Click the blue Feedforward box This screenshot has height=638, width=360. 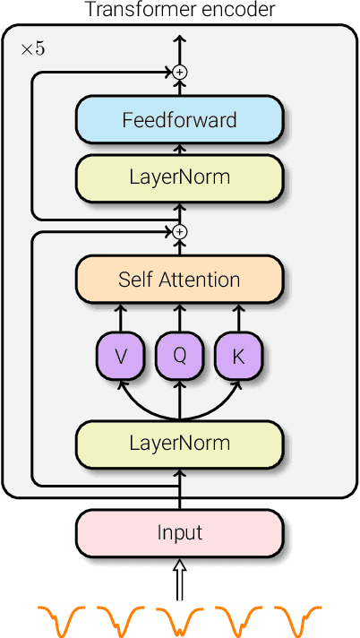(179, 120)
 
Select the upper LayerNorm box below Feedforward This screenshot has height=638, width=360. (179, 177)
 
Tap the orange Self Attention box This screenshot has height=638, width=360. (179, 279)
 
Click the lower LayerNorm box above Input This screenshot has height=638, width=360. (179, 443)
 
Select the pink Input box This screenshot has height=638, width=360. (179, 532)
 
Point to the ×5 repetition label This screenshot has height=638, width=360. (32, 48)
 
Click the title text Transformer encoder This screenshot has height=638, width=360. (179, 10)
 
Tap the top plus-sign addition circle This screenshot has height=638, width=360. (179, 71)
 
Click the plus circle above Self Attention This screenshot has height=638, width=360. (179, 232)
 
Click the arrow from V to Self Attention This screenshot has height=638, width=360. (121, 317)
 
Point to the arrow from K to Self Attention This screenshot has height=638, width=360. (238, 317)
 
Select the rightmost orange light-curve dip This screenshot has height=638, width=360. (297, 619)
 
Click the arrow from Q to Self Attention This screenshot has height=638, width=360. (179, 317)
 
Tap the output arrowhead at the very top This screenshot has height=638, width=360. (179, 40)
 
